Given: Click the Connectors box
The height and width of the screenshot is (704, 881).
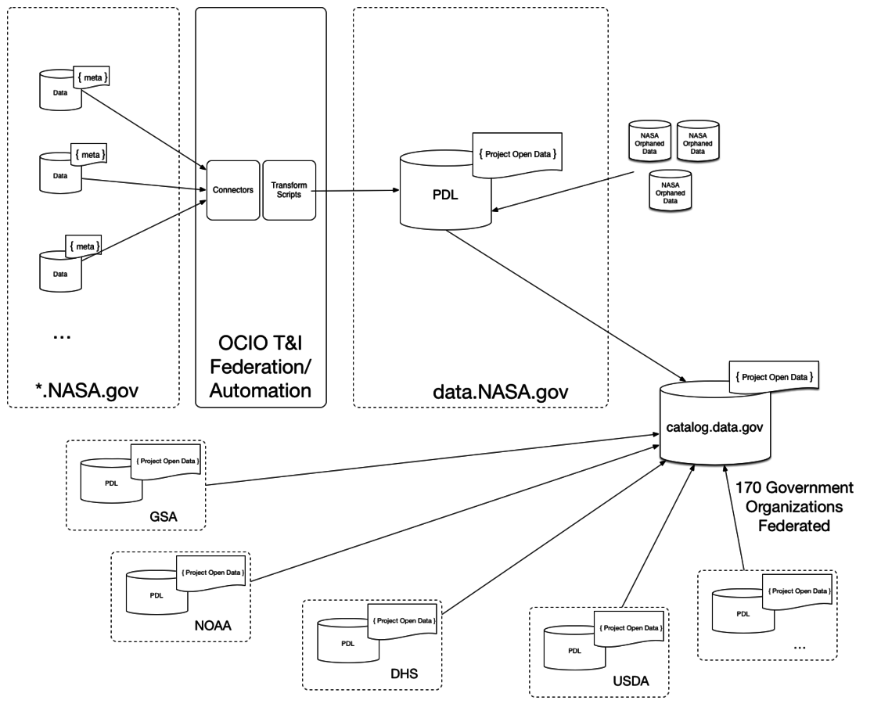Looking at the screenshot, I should pyautogui.click(x=233, y=189).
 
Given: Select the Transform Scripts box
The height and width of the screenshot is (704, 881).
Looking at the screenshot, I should pyautogui.click(x=289, y=189).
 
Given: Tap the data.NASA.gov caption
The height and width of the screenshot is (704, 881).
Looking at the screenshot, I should pyautogui.click(x=480, y=389).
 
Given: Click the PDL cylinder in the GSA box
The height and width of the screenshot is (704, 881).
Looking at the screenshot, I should pyautogui.click(x=112, y=482).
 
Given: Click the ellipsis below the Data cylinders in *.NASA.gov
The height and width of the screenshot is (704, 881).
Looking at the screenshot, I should pyautogui.click(x=61, y=335).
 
